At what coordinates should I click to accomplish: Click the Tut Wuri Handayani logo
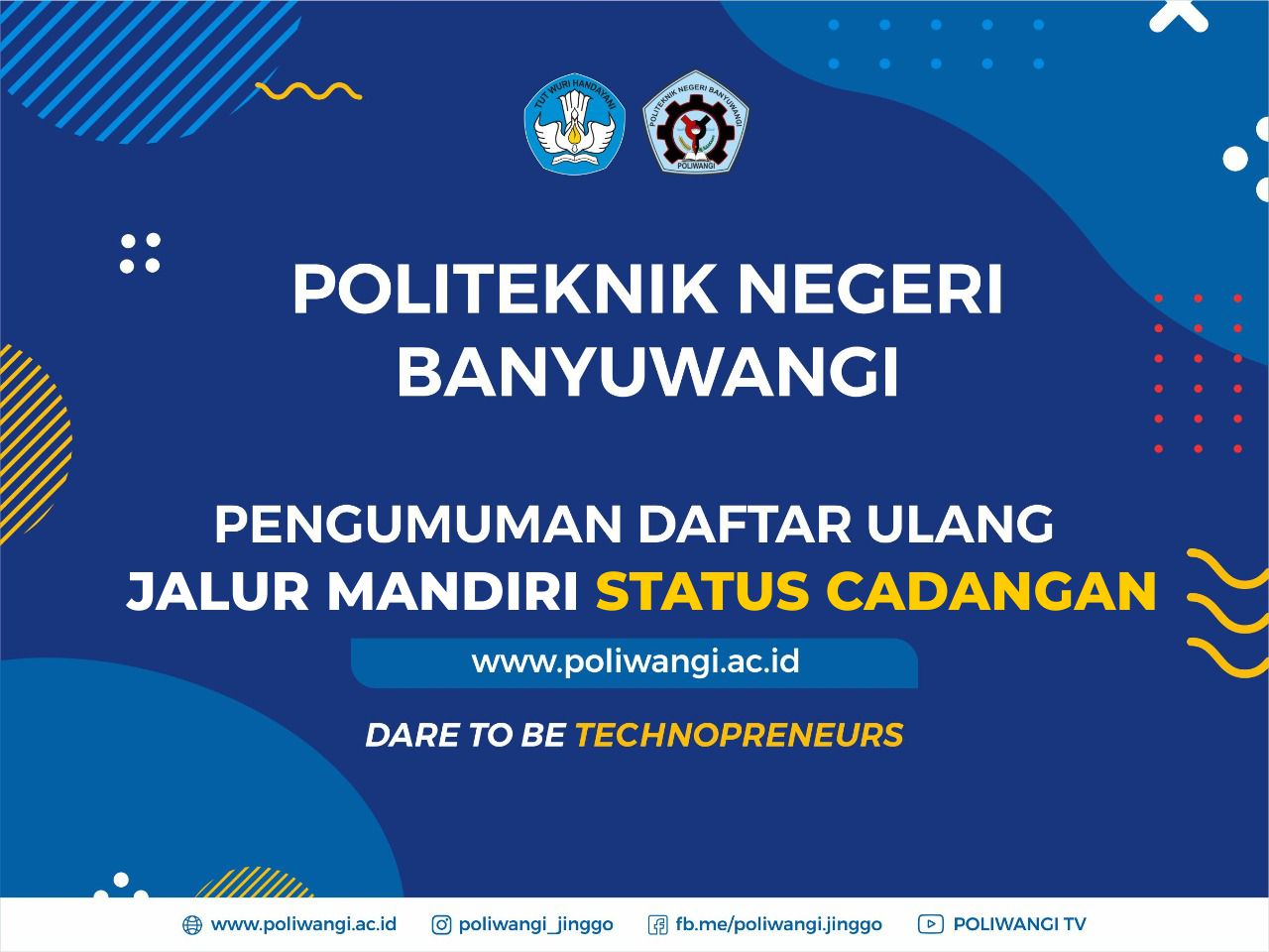pyautogui.click(x=575, y=124)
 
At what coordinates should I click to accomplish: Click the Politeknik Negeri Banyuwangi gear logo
pyautogui.click(x=696, y=122)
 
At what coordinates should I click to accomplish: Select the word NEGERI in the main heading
pyautogui.click(x=870, y=289)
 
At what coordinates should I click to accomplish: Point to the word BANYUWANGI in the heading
pyautogui.click(x=648, y=371)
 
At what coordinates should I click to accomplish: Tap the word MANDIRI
pyautogui.click(x=454, y=591)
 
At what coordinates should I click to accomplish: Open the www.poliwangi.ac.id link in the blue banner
pyautogui.click(x=635, y=661)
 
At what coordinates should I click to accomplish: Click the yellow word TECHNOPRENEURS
pyautogui.click(x=740, y=735)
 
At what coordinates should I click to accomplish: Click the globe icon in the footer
pyautogui.click(x=192, y=925)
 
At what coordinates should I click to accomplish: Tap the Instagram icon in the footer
pyautogui.click(x=441, y=925)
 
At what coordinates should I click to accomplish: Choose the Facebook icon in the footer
pyautogui.click(x=658, y=925)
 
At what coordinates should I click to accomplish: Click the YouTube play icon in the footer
pyautogui.click(x=931, y=924)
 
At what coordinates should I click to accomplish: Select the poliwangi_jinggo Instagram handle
pyautogui.click(x=536, y=925)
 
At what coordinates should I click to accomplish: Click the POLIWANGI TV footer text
pyautogui.click(x=1020, y=924)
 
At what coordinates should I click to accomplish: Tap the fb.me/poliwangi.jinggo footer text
pyautogui.click(x=778, y=925)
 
